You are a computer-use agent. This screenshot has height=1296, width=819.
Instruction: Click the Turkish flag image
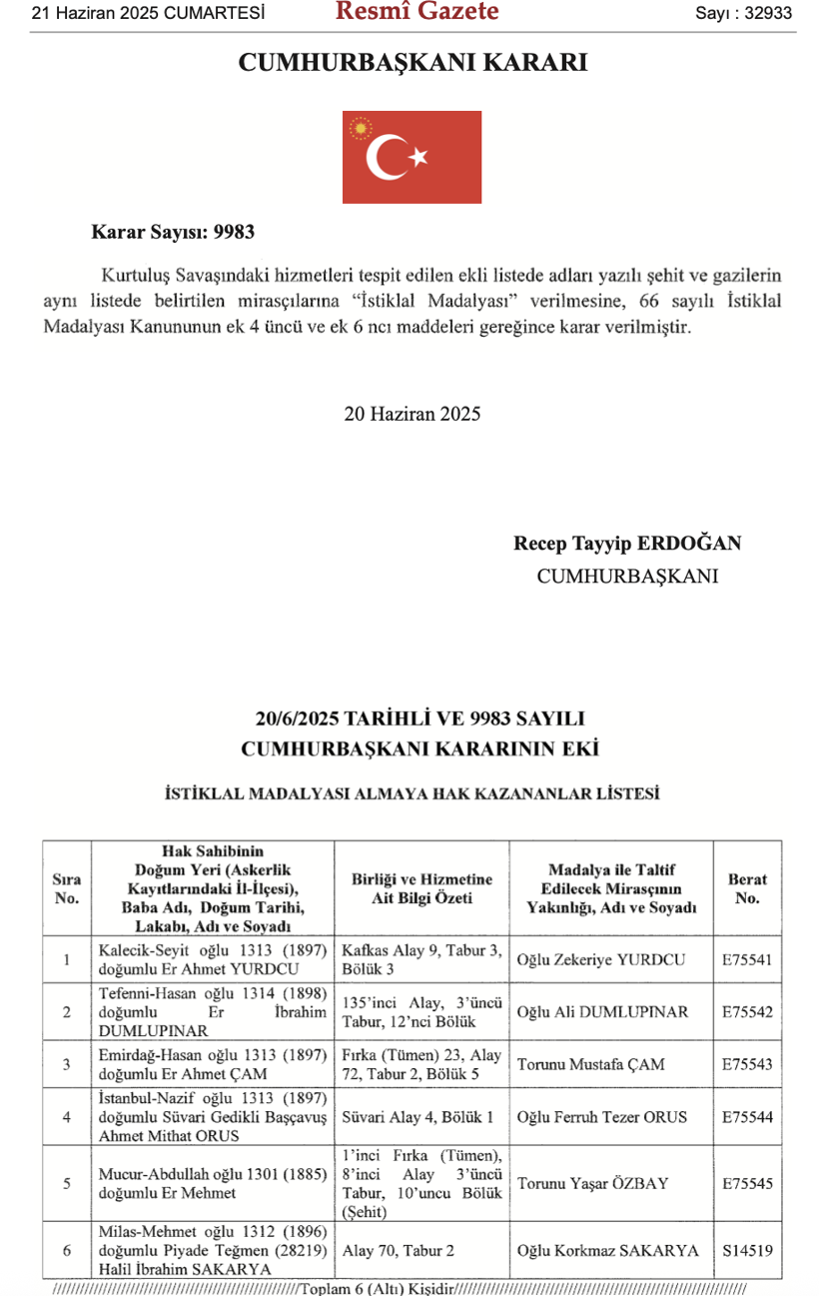411,157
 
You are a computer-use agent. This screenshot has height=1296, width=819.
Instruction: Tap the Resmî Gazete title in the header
416,12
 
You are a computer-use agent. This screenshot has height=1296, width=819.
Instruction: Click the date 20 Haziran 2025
411,414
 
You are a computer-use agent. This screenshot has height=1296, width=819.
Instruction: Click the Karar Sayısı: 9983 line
173,232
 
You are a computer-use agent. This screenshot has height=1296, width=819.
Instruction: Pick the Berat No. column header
747,888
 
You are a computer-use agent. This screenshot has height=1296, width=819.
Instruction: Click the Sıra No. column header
66,888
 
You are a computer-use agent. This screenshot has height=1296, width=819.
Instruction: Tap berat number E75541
747,960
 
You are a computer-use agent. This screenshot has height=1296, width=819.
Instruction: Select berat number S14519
747,1249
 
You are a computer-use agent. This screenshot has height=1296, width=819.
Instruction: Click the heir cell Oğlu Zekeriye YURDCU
601,960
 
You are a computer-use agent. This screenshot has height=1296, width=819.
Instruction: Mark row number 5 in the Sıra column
66,1184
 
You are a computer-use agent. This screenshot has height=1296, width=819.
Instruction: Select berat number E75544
747,1117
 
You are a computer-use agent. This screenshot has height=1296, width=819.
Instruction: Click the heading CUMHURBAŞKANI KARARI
411,63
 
